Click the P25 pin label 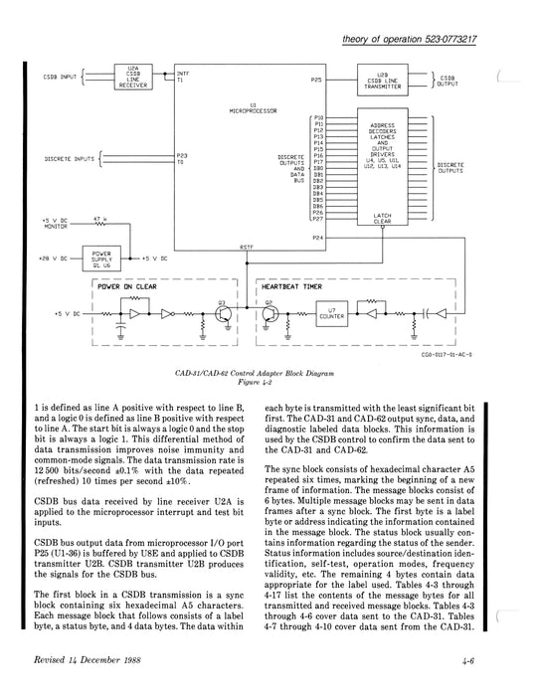point(315,78)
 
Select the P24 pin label point(317,239)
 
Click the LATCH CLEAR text point(382,221)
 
